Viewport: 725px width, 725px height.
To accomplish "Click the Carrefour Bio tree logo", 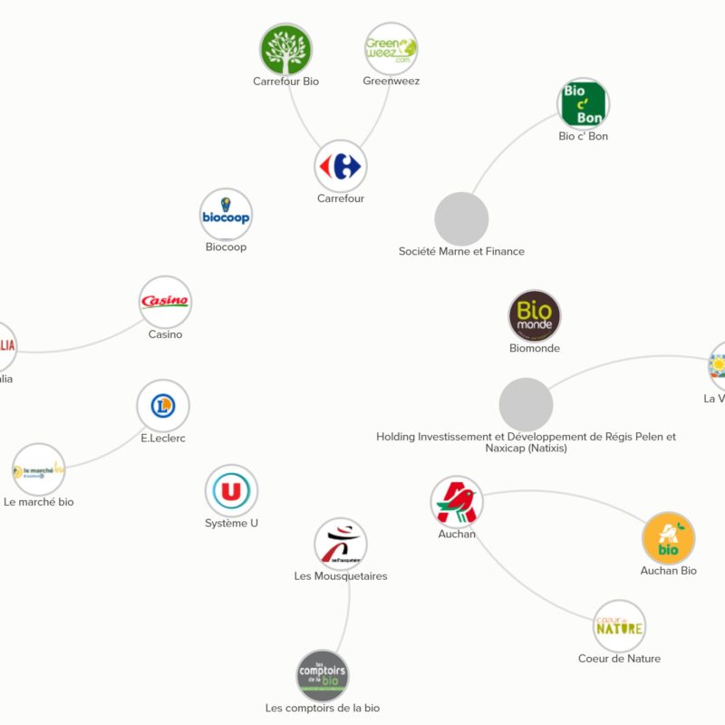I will pyautogui.click(x=285, y=49).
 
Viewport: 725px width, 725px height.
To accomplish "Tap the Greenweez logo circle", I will pyautogui.click(x=391, y=49).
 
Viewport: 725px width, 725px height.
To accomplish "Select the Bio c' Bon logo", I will pyautogui.click(x=583, y=104).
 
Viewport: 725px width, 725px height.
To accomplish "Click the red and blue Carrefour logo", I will pyautogui.click(x=341, y=166).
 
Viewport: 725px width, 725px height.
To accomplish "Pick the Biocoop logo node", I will pyautogui.click(x=226, y=215).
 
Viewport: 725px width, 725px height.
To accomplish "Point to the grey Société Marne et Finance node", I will pyautogui.click(x=461, y=218).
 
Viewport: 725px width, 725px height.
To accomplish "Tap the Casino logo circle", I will pyautogui.click(x=165, y=302).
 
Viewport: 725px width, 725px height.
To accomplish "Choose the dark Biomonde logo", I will pyautogui.click(x=534, y=316).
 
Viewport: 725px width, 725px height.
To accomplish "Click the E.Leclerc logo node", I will pyautogui.click(x=163, y=406).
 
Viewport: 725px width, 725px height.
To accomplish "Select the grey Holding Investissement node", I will pyautogui.click(x=526, y=404).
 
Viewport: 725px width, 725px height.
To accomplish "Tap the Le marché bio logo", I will pyautogui.click(x=39, y=469).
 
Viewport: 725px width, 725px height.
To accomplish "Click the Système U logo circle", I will pyautogui.click(x=231, y=491).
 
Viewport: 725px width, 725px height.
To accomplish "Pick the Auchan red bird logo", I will pyautogui.click(x=457, y=502).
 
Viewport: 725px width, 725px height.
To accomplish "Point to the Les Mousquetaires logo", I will pyautogui.click(x=341, y=544).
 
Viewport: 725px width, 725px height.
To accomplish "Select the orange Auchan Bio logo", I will pyautogui.click(x=668, y=538).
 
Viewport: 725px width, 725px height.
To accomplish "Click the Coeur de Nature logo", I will pyautogui.click(x=620, y=626).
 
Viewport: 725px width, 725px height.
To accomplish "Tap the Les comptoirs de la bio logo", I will pyautogui.click(x=323, y=675).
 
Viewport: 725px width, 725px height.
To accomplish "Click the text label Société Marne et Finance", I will pyautogui.click(x=461, y=251).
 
